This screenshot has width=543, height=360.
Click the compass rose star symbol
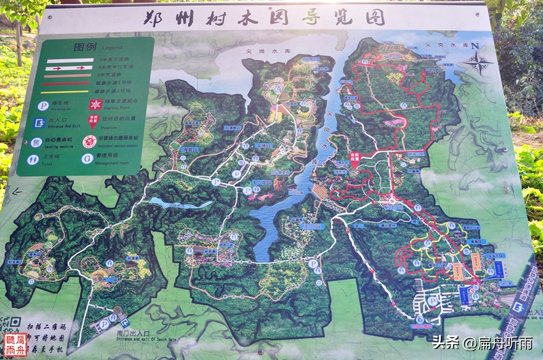[x=477, y=63]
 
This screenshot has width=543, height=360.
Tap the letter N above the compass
[x=492, y=45]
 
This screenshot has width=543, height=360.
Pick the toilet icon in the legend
[x=33, y=159]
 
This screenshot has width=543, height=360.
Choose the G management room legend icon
[x=87, y=158]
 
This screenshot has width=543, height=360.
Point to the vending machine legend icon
[x=37, y=142]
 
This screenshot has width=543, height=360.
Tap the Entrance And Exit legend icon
[x=39, y=123]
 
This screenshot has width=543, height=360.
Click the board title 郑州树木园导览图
[x=264, y=17]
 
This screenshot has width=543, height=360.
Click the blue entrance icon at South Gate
[x=125, y=323]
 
